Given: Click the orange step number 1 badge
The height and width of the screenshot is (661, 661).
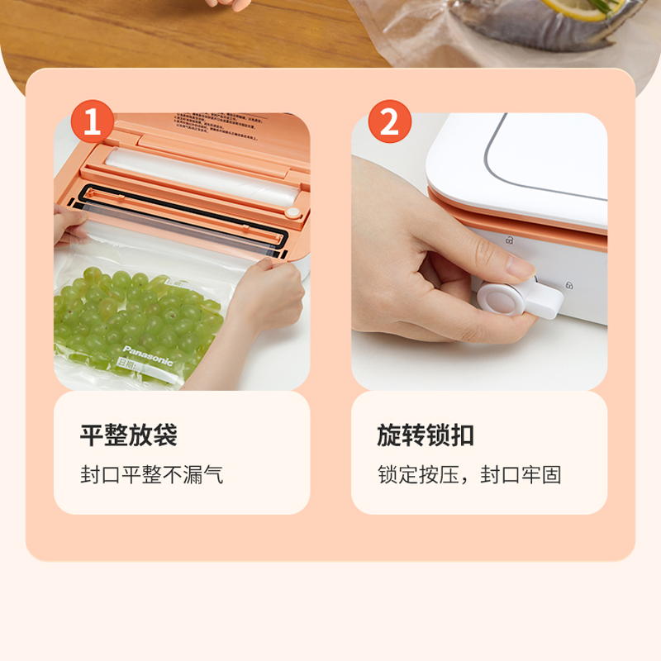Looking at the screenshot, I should (92, 123).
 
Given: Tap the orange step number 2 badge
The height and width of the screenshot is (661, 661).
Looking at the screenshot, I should (389, 123).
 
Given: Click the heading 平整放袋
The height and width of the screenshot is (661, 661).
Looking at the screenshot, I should (129, 435).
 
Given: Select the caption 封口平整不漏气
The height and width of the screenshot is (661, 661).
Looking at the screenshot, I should (151, 475).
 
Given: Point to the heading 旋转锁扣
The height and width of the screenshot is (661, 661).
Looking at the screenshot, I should (426, 435).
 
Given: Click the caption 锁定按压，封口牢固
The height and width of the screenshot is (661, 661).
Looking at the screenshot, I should (469, 475).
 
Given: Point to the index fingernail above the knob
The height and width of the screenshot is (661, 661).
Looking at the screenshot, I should (520, 267).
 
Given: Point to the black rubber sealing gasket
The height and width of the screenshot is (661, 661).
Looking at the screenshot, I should (182, 216).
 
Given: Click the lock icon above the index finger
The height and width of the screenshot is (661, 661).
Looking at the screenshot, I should (509, 240).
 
